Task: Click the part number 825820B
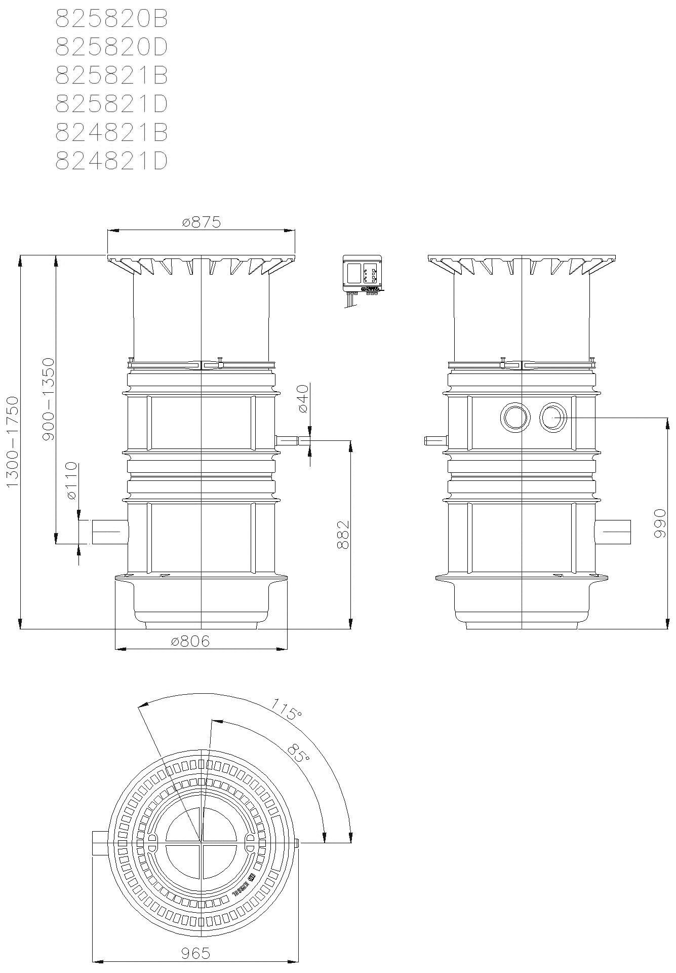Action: (111, 19)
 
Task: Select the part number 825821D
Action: (111, 104)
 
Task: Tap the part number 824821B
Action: (111, 133)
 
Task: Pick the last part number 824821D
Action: (111, 161)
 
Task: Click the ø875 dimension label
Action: (201, 222)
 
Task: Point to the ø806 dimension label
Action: (190, 642)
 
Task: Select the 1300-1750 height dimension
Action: (12, 442)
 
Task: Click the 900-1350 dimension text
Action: (48, 399)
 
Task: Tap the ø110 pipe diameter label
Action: (71, 481)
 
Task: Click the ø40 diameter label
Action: (302, 399)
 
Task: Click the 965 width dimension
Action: (195, 953)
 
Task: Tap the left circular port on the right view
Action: (515, 418)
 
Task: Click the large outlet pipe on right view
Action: (614, 532)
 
